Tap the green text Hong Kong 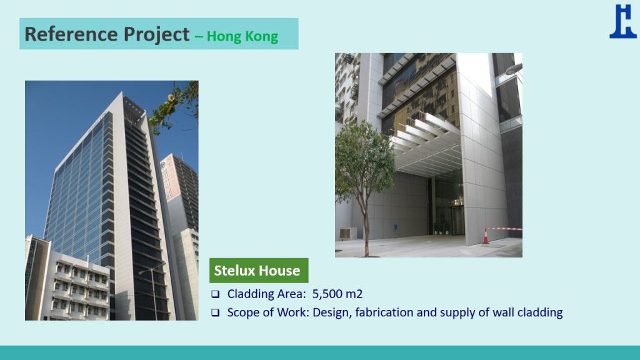242,36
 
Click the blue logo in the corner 623,21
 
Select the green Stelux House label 259,270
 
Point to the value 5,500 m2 337,294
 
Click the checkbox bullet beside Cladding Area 216,294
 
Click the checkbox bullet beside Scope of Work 216,312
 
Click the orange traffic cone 486,236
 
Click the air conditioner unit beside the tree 348,234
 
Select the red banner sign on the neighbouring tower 171,179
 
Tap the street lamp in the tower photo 152,290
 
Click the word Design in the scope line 332,312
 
